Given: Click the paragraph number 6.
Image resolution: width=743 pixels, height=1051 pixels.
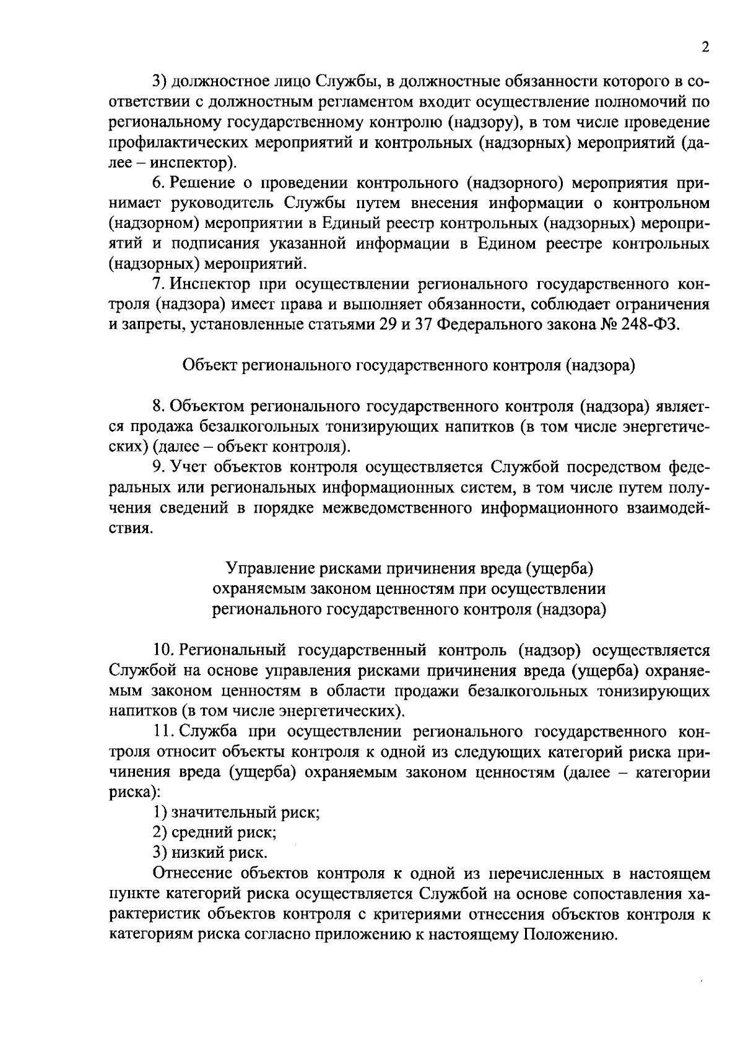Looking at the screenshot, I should coord(157,183).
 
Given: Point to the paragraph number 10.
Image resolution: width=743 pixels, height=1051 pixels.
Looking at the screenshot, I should coord(162,650).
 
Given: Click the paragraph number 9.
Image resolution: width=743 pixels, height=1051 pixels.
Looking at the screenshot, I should coord(157,466).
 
